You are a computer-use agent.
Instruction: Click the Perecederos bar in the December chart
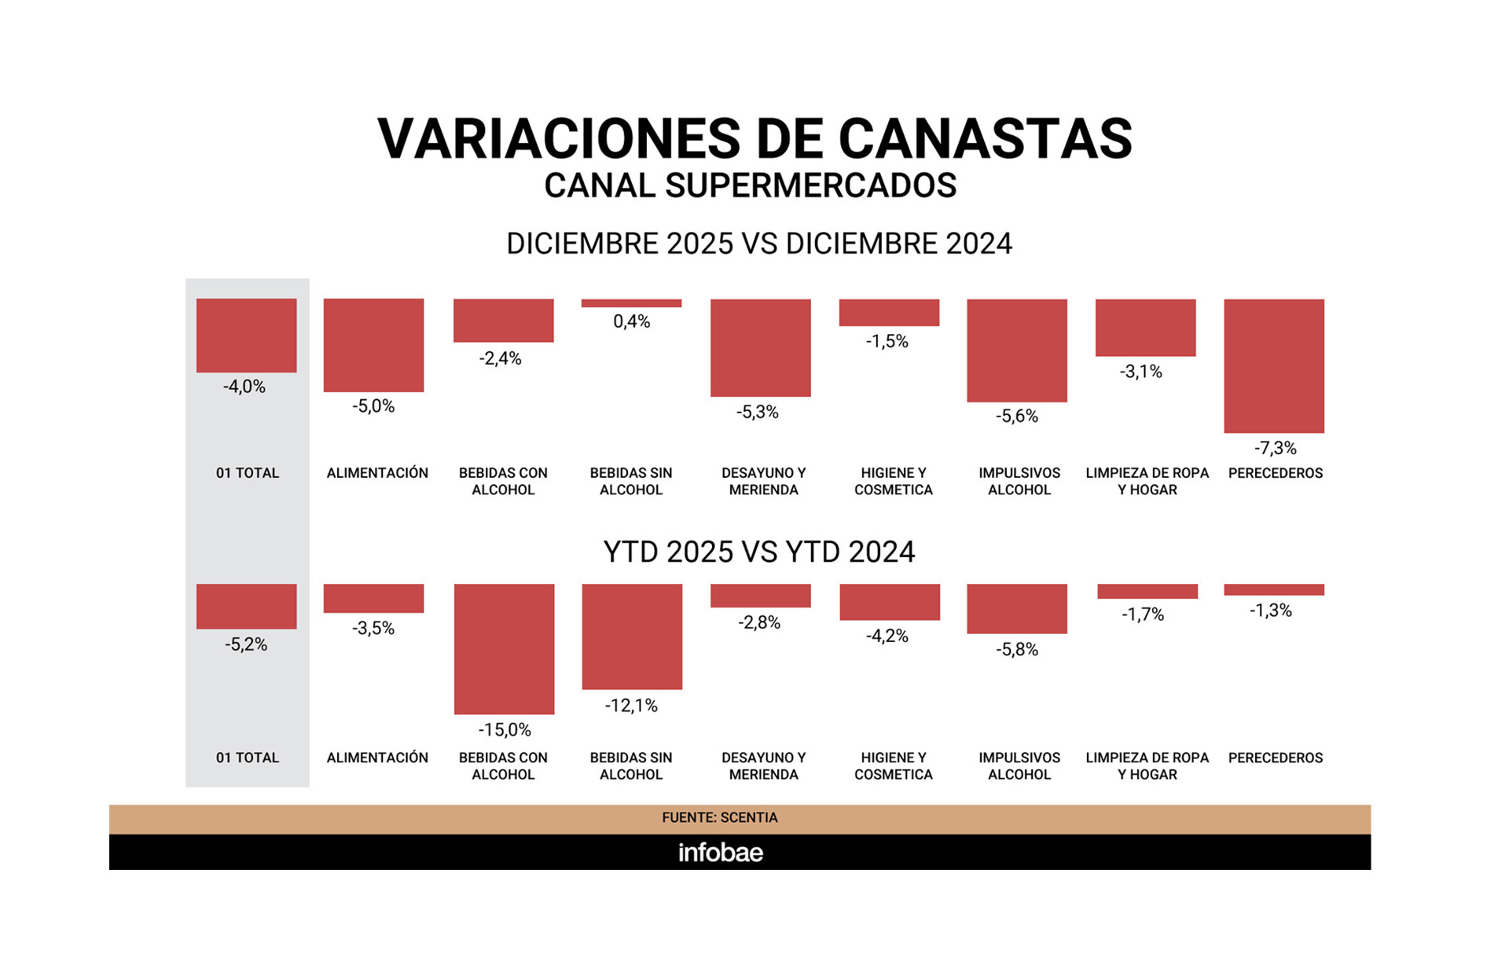(1273, 365)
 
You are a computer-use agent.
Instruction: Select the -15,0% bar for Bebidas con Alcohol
(504, 648)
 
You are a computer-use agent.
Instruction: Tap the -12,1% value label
(631, 706)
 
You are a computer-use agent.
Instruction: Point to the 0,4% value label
(631, 321)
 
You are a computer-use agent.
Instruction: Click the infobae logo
(720, 853)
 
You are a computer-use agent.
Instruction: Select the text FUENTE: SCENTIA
(719, 818)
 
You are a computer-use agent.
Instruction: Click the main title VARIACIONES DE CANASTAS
(754, 139)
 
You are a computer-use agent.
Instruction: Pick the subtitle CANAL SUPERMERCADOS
(750, 186)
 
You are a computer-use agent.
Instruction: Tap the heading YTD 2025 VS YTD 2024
(758, 552)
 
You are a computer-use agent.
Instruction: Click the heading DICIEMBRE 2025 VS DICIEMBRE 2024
(758, 244)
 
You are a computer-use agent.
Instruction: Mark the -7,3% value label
(1275, 449)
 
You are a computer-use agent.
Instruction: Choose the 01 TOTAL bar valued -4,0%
(246, 335)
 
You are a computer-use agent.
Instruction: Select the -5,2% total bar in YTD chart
(246, 606)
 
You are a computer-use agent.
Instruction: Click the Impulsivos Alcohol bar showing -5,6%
(1016, 350)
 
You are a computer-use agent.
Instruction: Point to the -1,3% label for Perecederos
(1270, 611)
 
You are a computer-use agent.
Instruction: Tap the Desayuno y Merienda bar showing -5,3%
(760, 347)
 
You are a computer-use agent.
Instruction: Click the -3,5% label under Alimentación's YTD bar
(373, 629)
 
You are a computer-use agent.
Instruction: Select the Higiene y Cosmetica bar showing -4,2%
(889, 602)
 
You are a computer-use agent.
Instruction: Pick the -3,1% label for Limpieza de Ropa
(1140, 372)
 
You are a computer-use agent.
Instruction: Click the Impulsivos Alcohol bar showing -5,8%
(1016, 608)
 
